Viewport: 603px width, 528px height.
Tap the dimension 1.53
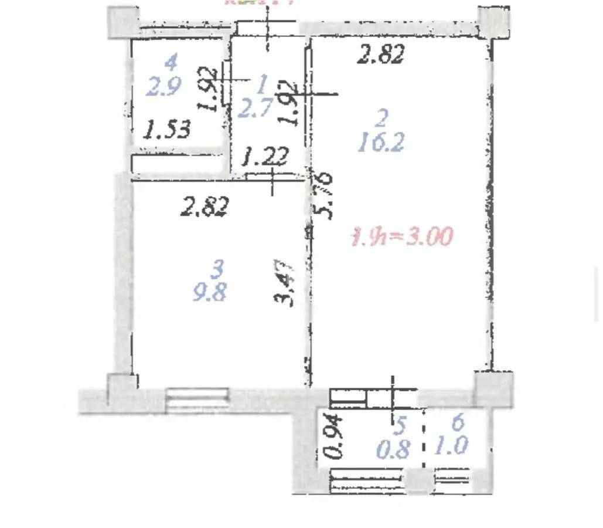(168, 129)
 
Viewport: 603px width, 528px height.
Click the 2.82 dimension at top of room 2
(381, 55)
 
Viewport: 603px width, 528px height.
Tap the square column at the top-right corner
(493, 22)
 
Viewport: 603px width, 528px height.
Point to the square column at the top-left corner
(122, 22)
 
